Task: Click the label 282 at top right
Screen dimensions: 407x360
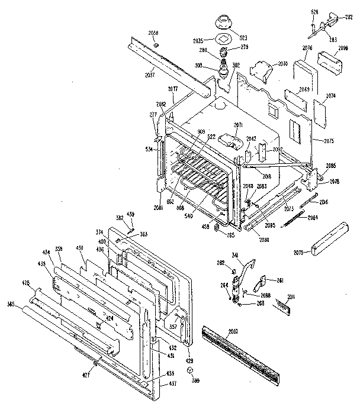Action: click(x=349, y=18)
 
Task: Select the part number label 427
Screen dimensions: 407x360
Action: click(x=87, y=377)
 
